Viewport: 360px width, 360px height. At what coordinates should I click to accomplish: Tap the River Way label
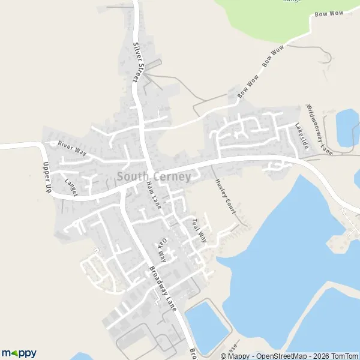coord(73,147)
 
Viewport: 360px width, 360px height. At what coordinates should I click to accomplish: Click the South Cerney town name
coord(154,177)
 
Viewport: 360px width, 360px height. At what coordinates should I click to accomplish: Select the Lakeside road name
coord(301,136)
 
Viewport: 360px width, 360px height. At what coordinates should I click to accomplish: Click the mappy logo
coord(19,353)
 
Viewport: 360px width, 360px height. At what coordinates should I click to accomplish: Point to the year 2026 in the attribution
coord(316,356)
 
